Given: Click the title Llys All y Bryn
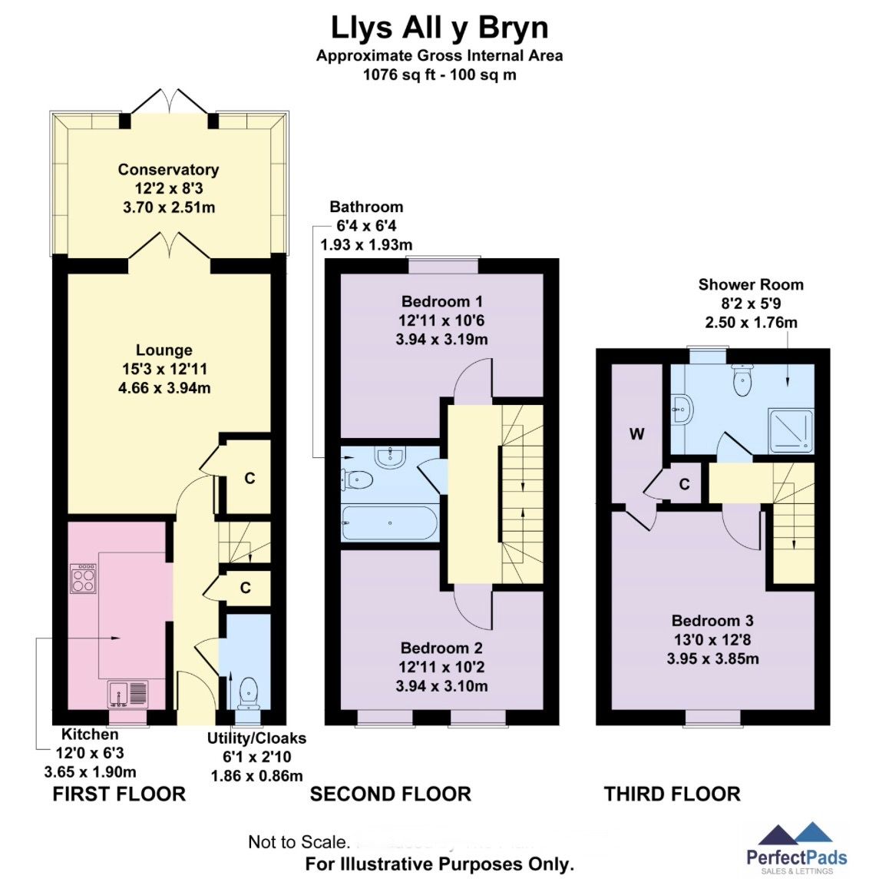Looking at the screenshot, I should (439, 28).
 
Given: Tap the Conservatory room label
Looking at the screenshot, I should (168, 170).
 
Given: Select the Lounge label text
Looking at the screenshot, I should (164, 350).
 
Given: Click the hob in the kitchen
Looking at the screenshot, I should (84, 579).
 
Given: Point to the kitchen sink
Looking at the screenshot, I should (127, 693).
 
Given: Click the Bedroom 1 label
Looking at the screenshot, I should (441, 301).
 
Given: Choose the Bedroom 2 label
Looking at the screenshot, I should (441, 648).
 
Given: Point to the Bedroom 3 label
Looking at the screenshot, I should (712, 621).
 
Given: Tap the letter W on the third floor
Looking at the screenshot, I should (636, 434).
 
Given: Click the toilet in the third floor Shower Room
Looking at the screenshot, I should (742, 380).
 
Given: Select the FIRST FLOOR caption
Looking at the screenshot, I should (119, 794).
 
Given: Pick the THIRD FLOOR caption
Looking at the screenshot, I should (672, 794).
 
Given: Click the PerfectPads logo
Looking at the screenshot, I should (796, 849).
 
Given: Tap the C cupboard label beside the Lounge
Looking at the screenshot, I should (249, 479).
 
